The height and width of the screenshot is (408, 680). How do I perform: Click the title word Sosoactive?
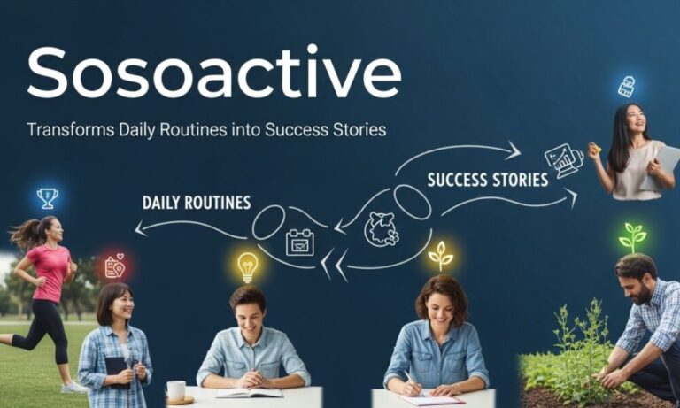(213, 73)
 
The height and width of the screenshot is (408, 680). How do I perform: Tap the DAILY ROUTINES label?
(197, 202)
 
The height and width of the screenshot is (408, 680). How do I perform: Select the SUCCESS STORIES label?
(487, 180)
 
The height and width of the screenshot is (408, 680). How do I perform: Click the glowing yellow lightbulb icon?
(248, 266)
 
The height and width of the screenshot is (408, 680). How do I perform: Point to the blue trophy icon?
(47, 197)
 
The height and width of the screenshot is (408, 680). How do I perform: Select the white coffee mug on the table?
(176, 390)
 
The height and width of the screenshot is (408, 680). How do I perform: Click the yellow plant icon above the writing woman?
(440, 255)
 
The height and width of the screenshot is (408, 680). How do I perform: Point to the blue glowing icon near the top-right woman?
(627, 87)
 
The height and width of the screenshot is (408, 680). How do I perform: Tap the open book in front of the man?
(249, 391)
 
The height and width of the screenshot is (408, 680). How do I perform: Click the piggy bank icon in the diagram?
(381, 229)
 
